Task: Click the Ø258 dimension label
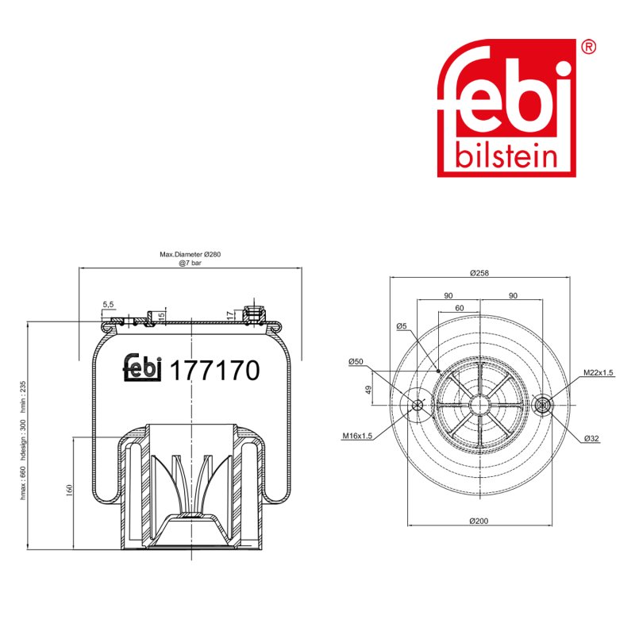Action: click(479, 273)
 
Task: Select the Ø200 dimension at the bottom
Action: click(479, 521)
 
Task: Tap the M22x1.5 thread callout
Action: click(598, 372)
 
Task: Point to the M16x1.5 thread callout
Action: click(357, 436)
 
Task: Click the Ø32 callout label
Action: click(591, 438)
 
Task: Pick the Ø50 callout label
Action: click(356, 362)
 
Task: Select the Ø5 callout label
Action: click(402, 326)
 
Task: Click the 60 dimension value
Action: click(460, 308)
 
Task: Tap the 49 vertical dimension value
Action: click(368, 390)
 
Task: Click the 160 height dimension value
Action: click(69, 491)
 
